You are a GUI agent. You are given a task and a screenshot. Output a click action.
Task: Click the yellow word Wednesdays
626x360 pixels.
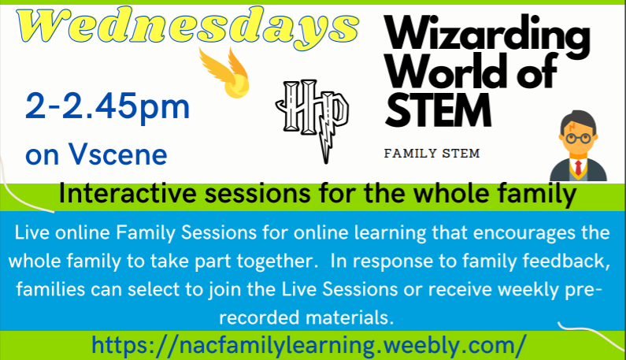(x=187, y=27)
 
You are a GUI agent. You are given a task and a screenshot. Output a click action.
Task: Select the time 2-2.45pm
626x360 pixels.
(x=107, y=106)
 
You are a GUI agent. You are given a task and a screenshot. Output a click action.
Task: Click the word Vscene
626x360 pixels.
(x=117, y=154)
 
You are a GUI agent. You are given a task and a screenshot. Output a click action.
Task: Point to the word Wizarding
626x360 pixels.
(x=487, y=36)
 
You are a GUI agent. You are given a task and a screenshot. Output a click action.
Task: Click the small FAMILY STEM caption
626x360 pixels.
(x=432, y=154)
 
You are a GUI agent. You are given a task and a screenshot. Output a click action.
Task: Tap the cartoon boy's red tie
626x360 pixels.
(x=578, y=167)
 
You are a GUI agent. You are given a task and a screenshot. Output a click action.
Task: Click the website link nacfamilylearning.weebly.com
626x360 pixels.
(x=309, y=345)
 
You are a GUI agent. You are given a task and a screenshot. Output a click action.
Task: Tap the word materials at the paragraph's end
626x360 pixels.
(x=350, y=317)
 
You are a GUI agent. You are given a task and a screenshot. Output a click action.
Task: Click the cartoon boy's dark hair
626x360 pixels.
(x=578, y=121)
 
